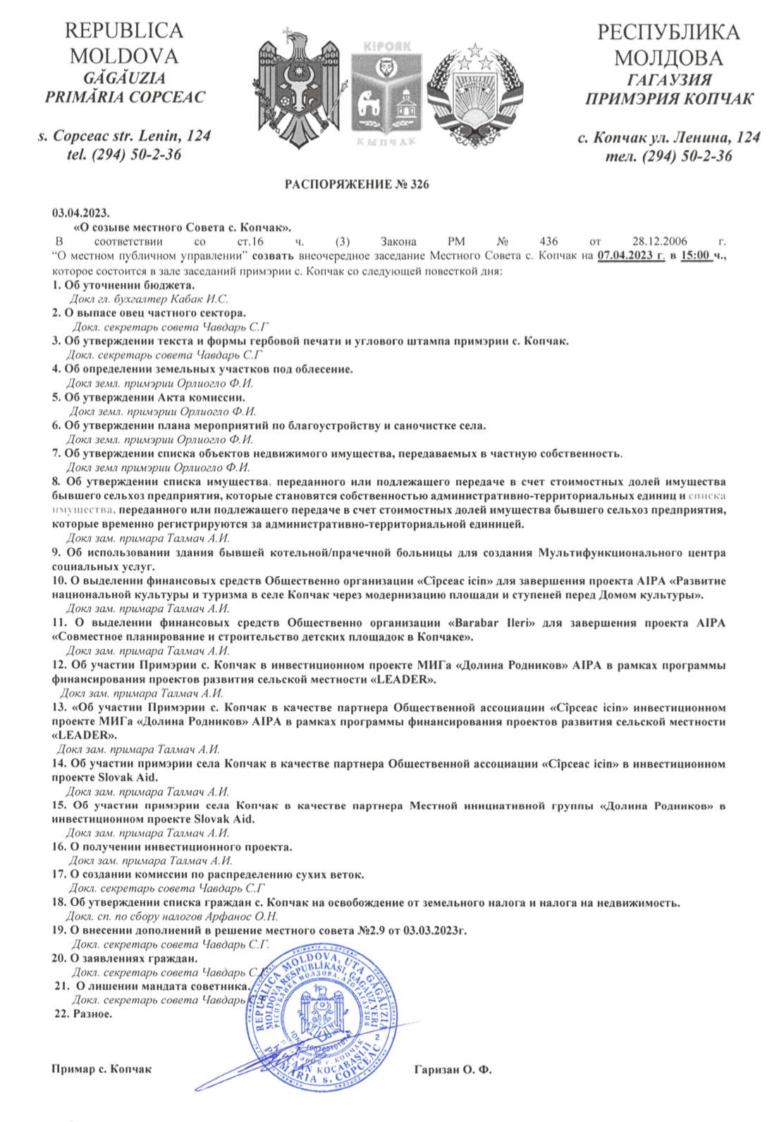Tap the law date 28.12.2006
655,241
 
